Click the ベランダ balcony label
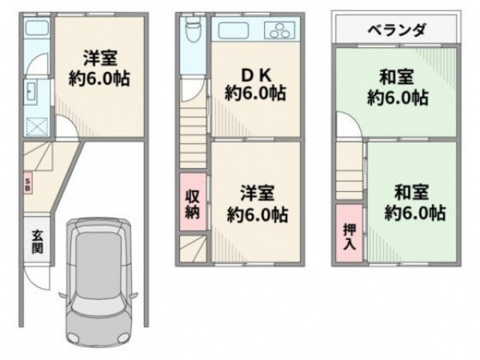coord(397,30)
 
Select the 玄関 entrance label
coord(37,242)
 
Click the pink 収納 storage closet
coord(193,202)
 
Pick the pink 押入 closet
coord(349,232)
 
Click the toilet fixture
coord(193,29)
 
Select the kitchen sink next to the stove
coord(233,30)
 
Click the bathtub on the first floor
coord(37,27)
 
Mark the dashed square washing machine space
coord(37,127)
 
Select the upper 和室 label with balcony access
coord(397,77)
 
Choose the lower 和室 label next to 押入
coord(412,192)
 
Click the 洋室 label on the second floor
coord(257,194)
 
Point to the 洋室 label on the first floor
coord(100,58)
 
